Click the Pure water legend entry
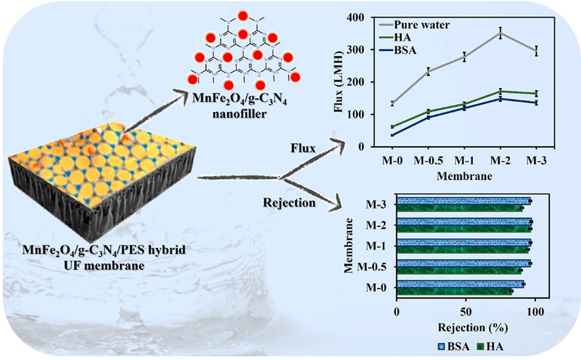(421, 25)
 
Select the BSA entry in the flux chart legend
(405, 51)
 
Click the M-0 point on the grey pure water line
(392, 104)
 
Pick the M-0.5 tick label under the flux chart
(428, 160)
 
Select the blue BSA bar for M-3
(464, 201)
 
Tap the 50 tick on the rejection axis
(466, 312)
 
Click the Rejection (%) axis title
(473, 327)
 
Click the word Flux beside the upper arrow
(303, 148)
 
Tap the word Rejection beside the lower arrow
(289, 202)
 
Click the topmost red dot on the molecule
(243, 16)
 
